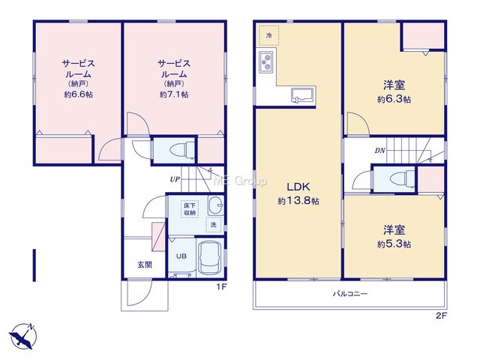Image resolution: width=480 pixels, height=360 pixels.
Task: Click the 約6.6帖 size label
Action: pyautogui.click(x=78, y=94)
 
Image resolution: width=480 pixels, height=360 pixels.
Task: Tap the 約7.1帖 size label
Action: pyautogui.click(x=174, y=94)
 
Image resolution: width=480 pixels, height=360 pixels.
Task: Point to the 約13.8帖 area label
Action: pyautogui.click(x=298, y=201)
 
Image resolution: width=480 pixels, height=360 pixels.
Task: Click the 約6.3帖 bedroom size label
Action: pyautogui.click(x=394, y=100)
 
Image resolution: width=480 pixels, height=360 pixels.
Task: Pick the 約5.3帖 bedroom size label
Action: pyautogui.click(x=394, y=244)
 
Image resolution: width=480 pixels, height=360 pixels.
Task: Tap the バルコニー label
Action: pyautogui.click(x=350, y=294)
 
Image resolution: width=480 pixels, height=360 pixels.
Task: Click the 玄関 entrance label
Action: pyautogui.click(x=145, y=265)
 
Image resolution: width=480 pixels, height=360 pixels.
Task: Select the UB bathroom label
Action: pyautogui.click(x=181, y=256)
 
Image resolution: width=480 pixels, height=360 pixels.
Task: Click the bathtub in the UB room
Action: pyautogui.click(x=210, y=257)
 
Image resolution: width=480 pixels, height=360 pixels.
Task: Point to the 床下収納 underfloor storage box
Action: pyautogui.click(x=190, y=208)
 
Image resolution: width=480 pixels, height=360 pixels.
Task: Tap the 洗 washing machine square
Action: pyautogui.click(x=213, y=224)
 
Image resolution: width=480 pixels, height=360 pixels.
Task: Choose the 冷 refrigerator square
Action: pyautogui.click(x=268, y=35)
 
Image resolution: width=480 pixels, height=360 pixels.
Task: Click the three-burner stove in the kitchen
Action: pyautogui.click(x=266, y=62)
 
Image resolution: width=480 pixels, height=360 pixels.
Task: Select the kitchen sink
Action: pyautogui.click(x=302, y=94)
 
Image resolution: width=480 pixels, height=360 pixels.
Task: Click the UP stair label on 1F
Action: pyautogui.click(x=175, y=179)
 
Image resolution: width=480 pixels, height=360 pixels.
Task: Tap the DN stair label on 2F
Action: pyautogui.click(x=380, y=151)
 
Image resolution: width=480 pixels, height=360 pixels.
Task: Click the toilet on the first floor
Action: pyautogui.click(x=181, y=151)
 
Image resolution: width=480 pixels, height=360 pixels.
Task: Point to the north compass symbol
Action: pyautogui.click(x=23, y=336)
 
